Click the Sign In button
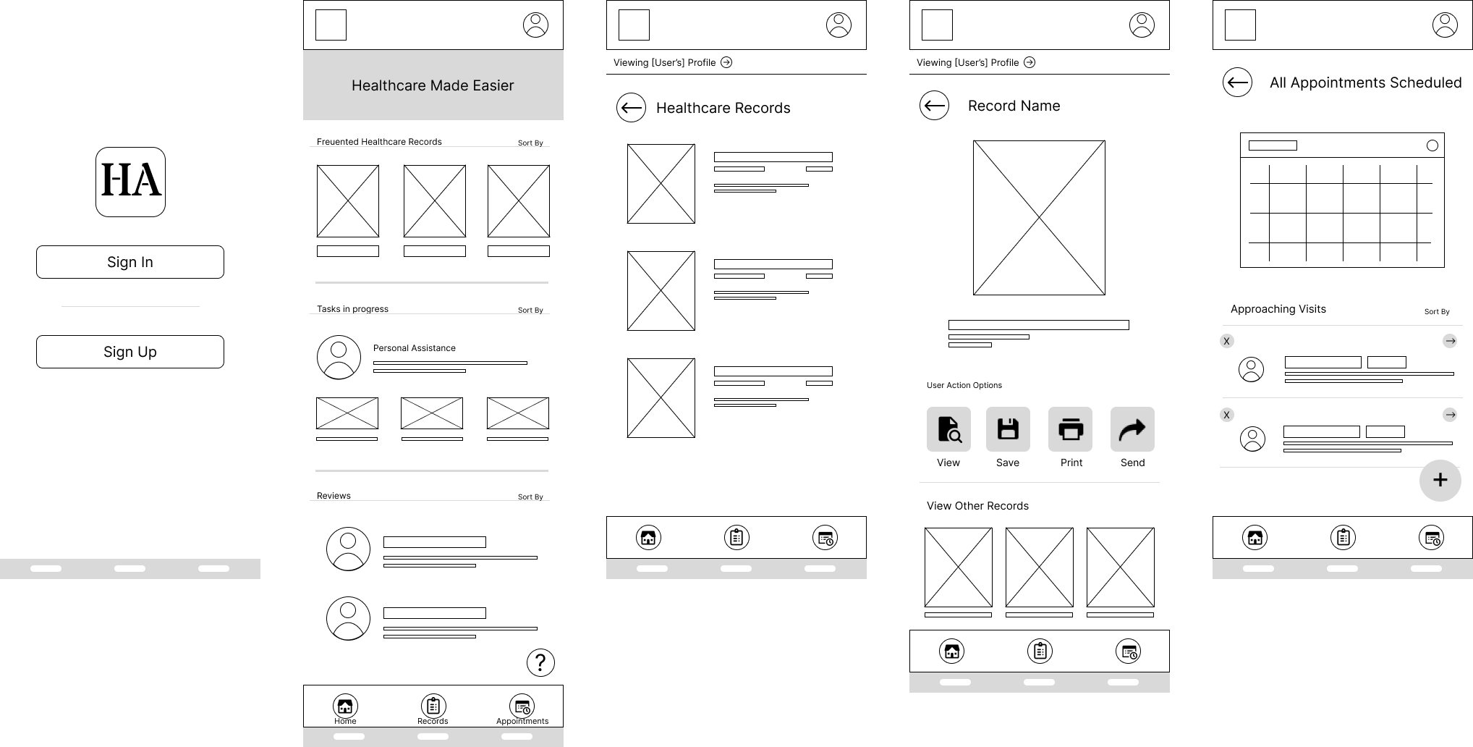pyautogui.click(x=130, y=262)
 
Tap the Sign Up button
pyautogui.click(x=130, y=352)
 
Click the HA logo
pyautogui.click(x=130, y=182)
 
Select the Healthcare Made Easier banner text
pyautogui.click(x=433, y=85)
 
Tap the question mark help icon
pyautogui.click(x=540, y=662)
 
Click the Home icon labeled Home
pyautogui.click(x=345, y=706)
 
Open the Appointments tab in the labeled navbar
pyautogui.click(x=522, y=706)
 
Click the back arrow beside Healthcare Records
pyautogui.click(x=631, y=108)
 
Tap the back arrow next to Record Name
pyautogui.click(x=934, y=106)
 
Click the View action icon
pyautogui.click(x=948, y=429)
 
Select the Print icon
pyautogui.click(x=1071, y=429)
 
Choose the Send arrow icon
pyautogui.click(x=1132, y=429)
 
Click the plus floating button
pyautogui.click(x=1440, y=481)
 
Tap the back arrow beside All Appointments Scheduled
pyautogui.click(x=1237, y=83)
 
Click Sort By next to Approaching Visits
pyautogui.click(x=1437, y=312)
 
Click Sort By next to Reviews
pyautogui.click(x=530, y=497)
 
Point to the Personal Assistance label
pyautogui.click(x=415, y=348)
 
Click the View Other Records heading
pyautogui.click(x=977, y=506)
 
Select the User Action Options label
pyautogui.click(x=964, y=385)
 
